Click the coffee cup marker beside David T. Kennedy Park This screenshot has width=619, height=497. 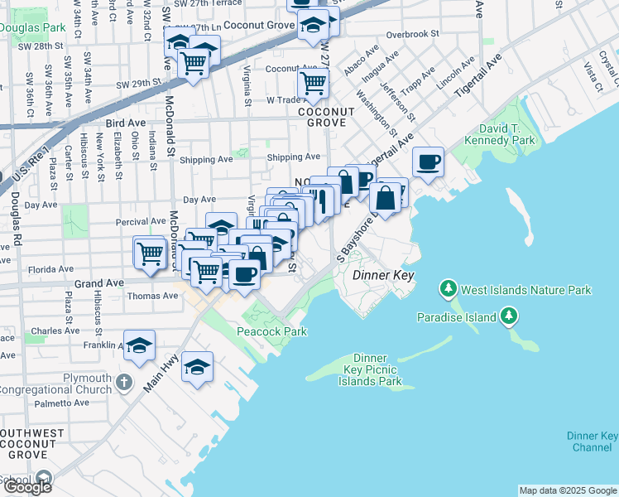pos(428,162)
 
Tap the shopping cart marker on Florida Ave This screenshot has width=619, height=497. pos(150,253)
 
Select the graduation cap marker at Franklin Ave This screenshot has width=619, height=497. pos(140,345)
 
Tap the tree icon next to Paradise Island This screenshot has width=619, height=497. pos(509,316)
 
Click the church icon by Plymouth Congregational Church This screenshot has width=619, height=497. pos(124,382)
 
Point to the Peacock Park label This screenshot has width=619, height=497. pos(271,332)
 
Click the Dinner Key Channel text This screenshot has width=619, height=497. pos(592,442)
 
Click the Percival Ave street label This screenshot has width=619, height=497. pos(141,222)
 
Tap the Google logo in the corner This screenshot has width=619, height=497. pos(27,486)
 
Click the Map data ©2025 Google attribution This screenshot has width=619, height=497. pos(568,490)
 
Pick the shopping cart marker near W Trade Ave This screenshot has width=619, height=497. pos(314,83)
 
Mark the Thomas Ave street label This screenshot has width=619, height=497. pos(152,296)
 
